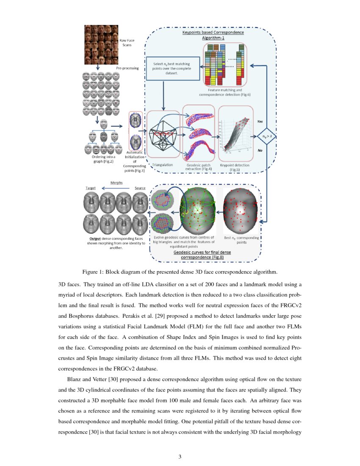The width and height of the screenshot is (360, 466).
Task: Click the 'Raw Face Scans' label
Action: coord(127,42)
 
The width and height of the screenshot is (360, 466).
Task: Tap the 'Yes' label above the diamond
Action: coord(260,121)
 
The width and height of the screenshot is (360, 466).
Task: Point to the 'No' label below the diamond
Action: coord(260,150)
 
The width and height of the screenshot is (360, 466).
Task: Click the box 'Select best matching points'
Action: coord(172,69)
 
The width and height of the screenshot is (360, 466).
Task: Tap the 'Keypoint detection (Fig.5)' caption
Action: coord(235,167)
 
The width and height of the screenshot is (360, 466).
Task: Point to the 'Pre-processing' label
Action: coord(127,68)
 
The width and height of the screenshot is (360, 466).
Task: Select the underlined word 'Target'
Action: coord(91,188)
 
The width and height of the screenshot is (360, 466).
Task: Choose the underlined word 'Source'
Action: coord(140,188)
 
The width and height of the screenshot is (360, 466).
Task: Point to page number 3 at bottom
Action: coord(180,456)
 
